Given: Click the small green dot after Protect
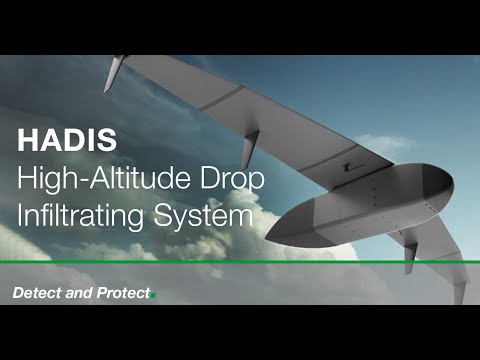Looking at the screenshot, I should [x=154, y=295].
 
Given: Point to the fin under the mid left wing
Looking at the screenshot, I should [x=249, y=150].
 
